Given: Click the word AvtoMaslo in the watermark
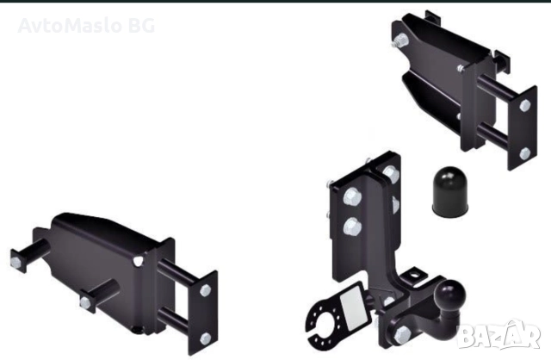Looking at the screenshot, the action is [x=69, y=25].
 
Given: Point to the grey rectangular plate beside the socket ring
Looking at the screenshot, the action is [x=354, y=307].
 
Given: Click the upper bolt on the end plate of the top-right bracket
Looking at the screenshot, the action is [x=524, y=105].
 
